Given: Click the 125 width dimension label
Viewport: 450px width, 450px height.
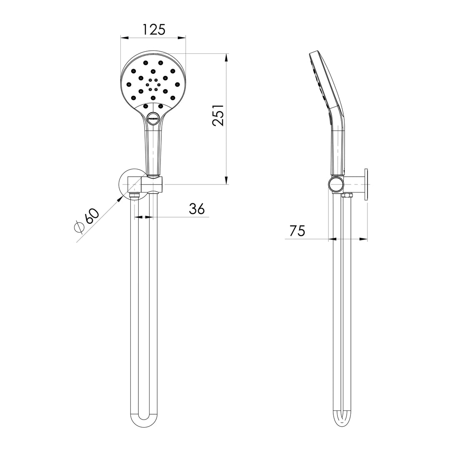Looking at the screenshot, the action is click(x=154, y=30).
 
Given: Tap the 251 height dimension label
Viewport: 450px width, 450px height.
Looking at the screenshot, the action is click(x=218, y=115).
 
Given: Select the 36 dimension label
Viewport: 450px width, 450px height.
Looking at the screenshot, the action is click(x=197, y=209).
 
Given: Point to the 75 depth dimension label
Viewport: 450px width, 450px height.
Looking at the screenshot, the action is click(x=297, y=231).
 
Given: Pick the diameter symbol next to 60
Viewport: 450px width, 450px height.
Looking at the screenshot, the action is click(x=79, y=227).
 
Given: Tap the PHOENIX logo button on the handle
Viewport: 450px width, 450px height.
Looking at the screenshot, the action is click(x=152, y=118).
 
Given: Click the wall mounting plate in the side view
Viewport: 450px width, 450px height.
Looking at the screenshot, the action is click(x=366, y=184).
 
